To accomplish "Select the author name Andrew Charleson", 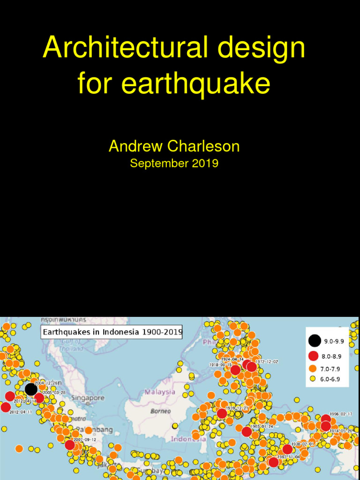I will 174,146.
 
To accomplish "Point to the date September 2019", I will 174,164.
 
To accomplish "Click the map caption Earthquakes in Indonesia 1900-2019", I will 112,332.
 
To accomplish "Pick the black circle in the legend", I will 315,341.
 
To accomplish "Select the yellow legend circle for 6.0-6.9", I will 313,379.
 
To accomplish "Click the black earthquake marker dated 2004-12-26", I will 31,389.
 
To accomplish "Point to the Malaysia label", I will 160,392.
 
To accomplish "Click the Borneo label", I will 160,411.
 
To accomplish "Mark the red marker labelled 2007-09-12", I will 70,445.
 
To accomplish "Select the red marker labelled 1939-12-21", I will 222,413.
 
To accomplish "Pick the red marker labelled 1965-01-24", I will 247,432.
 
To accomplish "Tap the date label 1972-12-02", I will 267,361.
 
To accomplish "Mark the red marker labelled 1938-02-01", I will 287,449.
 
